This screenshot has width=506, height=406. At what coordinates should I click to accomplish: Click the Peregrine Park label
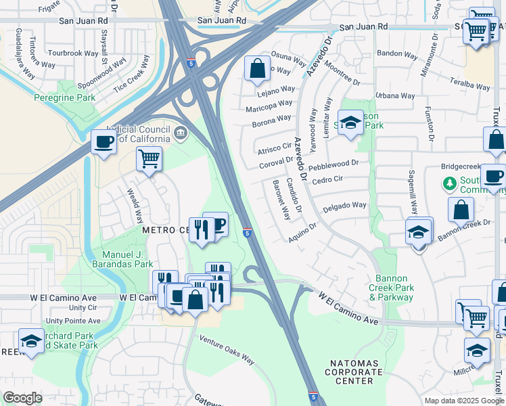pyautogui.click(x=65, y=97)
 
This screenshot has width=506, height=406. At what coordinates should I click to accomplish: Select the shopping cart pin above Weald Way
pyautogui.click(x=149, y=160)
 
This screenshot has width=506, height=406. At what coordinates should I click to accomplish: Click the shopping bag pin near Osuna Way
pyautogui.click(x=256, y=68)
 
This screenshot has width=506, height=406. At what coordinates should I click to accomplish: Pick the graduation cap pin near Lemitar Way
pyautogui.click(x=350, y=122)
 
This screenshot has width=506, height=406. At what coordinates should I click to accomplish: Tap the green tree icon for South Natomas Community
pyautogui.click(x=448, y=183)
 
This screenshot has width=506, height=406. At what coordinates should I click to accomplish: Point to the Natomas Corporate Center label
pyautogui.click(x=356, y=372)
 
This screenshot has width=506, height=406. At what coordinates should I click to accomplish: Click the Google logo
pyautogui.click(x=22, y=398)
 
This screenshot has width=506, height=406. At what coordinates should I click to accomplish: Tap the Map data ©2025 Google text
pyautogui.click(x=464, y=401)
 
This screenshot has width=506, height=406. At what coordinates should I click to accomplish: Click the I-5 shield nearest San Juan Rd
pyautogui.click(x=192, y=64)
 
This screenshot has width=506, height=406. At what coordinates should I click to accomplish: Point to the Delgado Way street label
pyautogui.click(x=344, y=206)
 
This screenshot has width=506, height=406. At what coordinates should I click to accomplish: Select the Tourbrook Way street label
pyautogui.click(x=72, y=53)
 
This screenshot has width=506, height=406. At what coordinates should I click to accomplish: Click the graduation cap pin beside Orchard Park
pyautogui.click(x=32, y=342)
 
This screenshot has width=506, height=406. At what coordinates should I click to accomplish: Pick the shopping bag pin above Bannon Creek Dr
pyautogui.click(x=461, y=209)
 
